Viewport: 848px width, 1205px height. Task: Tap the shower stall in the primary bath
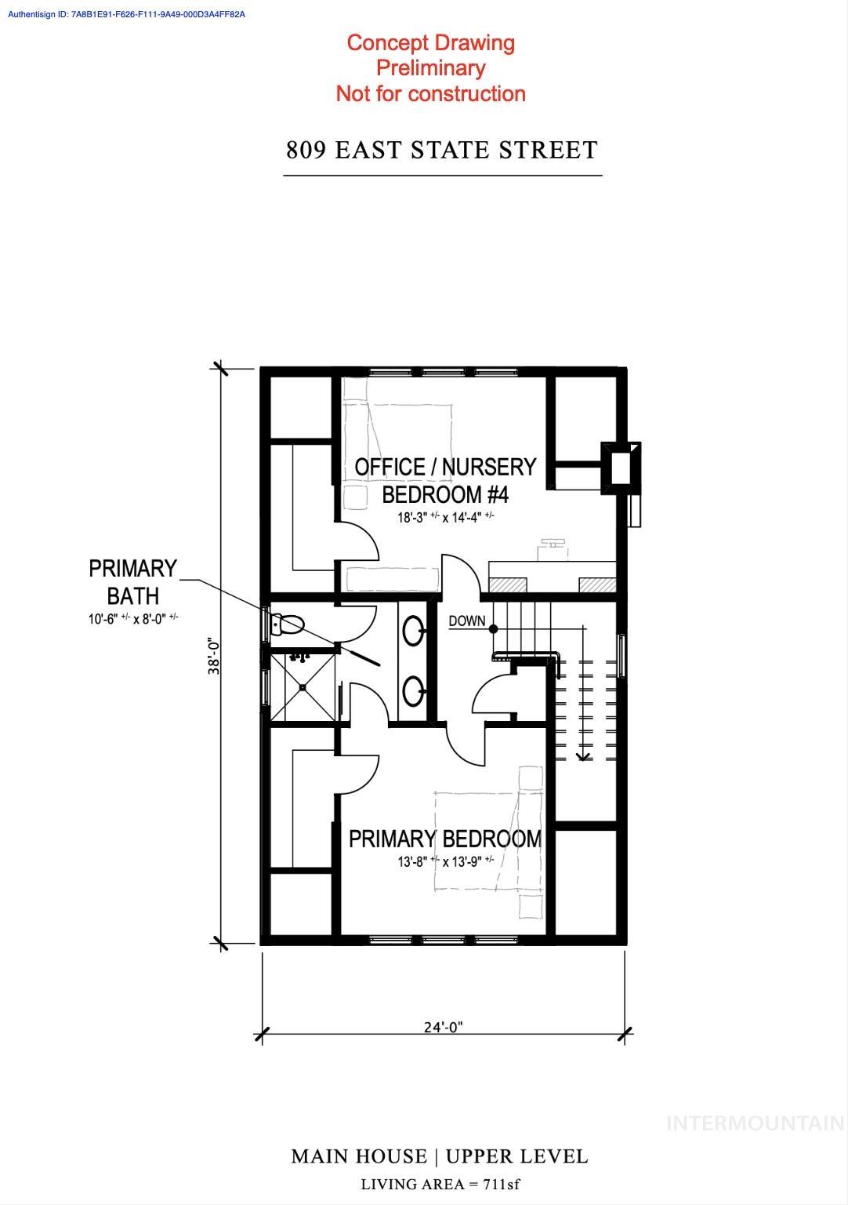click(303, 688)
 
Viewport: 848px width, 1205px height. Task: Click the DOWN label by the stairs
click(467, 621)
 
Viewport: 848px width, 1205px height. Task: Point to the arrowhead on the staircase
click(583, 756)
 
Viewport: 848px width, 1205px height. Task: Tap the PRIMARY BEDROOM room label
click(444, 839)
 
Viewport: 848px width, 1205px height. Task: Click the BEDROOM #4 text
click(445, 495)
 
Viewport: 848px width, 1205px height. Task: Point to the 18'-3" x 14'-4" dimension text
click(445, 517)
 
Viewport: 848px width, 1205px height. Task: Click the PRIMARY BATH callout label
click(132, 581)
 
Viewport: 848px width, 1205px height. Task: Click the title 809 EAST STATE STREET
click(442, 150)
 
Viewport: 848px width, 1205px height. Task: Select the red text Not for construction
click(430, 94)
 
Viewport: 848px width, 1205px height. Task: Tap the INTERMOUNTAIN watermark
click(755, 1123)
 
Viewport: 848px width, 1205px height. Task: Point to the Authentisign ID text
click(126, 14)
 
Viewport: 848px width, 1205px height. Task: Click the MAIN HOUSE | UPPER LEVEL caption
click(439, 1156)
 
